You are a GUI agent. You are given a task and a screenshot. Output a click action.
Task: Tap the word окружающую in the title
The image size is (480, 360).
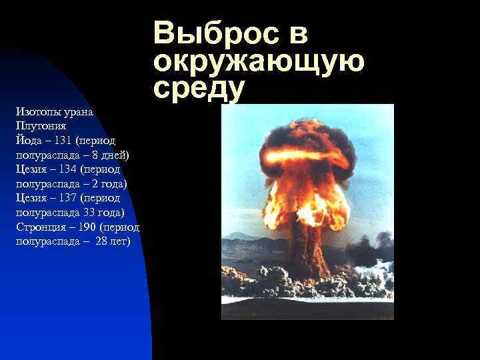pyautogui.click(x=259, y=62)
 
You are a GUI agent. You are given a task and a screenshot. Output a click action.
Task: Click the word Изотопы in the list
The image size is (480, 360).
pyautogui.click(x=37, y=111)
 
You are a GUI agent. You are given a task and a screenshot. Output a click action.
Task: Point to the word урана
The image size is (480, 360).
pyautogui.click(x=79, y=111)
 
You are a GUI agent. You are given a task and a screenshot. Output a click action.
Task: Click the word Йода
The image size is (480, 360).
pyautogui.click(x=27, y=141)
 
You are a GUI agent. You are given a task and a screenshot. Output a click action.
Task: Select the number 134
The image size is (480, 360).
pyautogui.click(x=67, y=169)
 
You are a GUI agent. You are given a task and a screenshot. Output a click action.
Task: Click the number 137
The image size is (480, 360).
pyautogui.click(x=67, y=198)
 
